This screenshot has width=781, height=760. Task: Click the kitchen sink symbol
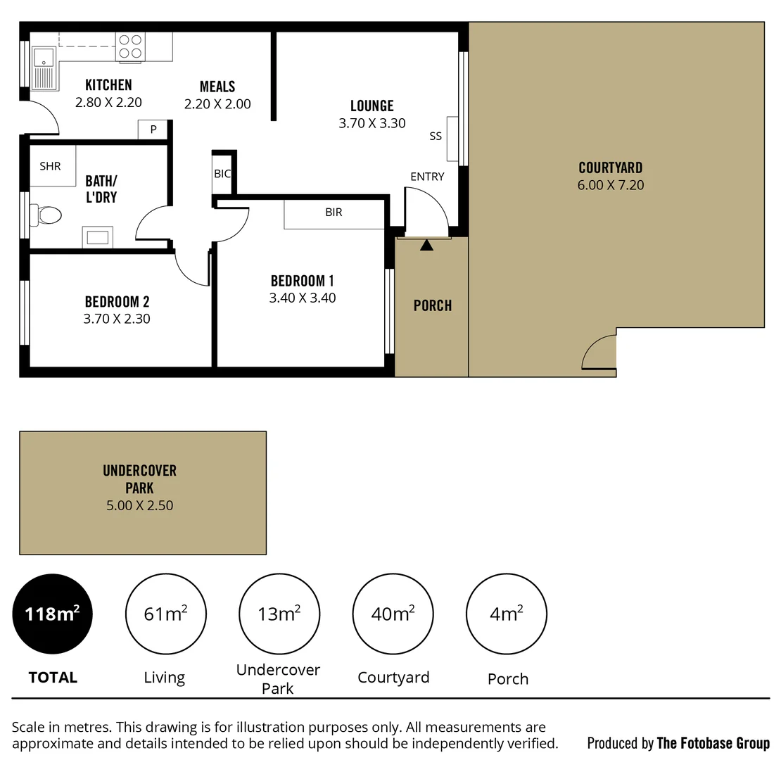coord(44,68)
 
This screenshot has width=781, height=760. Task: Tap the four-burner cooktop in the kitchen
coord(130,46)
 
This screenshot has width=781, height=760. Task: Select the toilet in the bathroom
coord(49,215)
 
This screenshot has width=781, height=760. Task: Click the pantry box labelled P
coord(153,129)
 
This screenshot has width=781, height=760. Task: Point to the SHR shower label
coord(50,167)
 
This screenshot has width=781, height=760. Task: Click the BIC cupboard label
coord(222,174)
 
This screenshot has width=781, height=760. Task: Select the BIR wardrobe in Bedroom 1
coord(334,213)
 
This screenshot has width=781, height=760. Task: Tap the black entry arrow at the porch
coord(426,245)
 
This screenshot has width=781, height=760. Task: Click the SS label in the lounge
coord(436,137)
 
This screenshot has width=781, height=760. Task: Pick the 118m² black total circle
coord(53,614)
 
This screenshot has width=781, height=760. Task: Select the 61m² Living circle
coord(165,614)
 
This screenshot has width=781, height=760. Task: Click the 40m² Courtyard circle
coord(393,614)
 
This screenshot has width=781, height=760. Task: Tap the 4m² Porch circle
coord(507,614)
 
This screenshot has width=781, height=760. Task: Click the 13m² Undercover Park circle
coord(279,614)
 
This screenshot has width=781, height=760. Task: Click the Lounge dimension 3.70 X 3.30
coord(372,123)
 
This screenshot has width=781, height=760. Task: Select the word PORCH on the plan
coord(432,305)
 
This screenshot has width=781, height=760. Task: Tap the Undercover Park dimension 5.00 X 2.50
coord(139,505)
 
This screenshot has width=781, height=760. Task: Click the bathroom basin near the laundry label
coord(97,236)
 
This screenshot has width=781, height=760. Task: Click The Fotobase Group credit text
coord(713,743)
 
